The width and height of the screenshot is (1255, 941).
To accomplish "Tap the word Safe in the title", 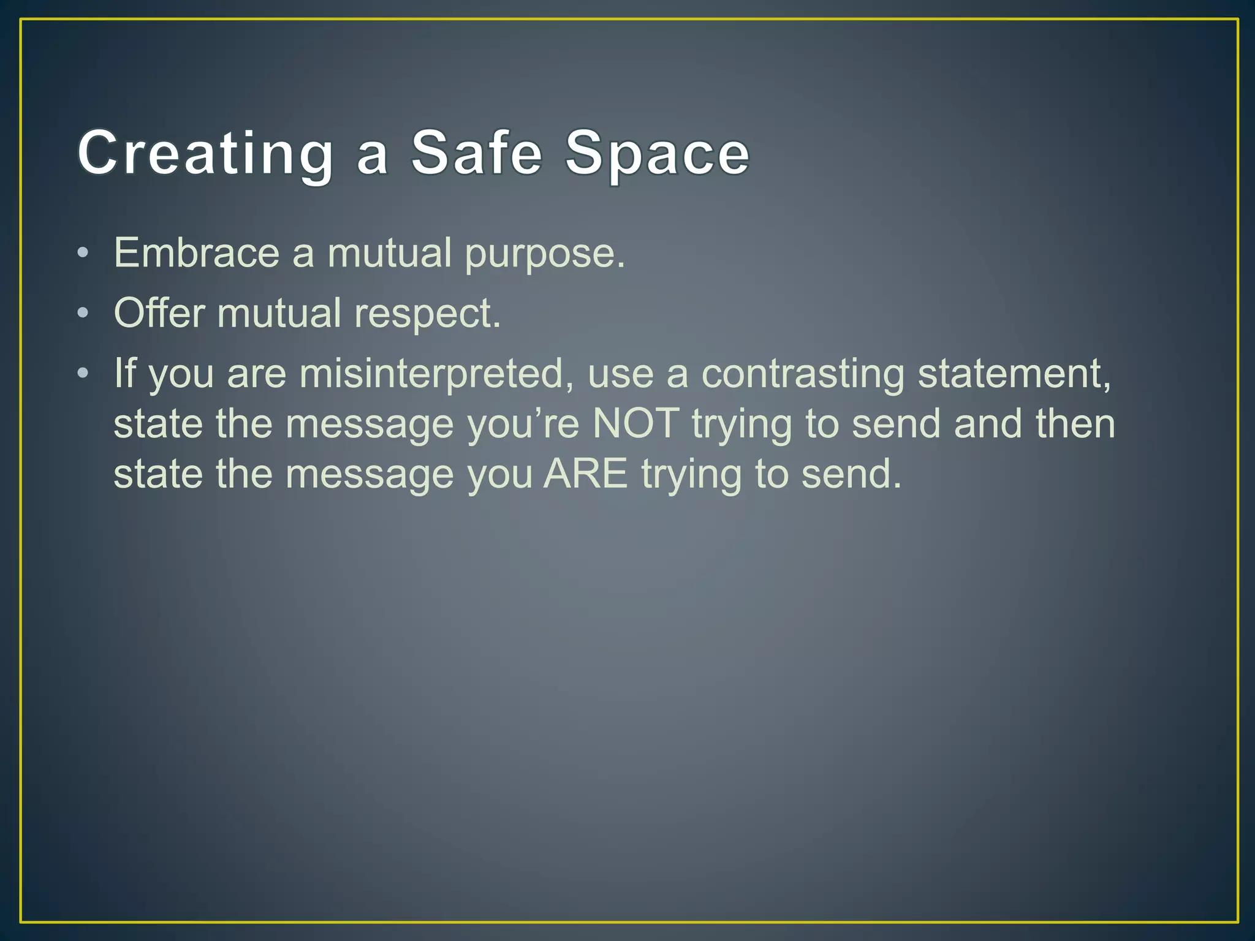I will [476, 153].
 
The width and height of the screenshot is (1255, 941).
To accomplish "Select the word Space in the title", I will [657, 153].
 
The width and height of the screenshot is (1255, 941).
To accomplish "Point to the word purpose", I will [545, 254].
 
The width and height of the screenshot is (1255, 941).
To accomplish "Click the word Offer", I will [159, 313].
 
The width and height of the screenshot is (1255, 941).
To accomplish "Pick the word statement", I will [1014, 373].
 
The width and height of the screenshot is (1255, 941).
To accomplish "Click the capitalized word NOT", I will [636, 423].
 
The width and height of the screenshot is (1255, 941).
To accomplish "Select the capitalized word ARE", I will [586, 474].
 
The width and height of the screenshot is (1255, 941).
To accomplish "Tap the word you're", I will [523, 423].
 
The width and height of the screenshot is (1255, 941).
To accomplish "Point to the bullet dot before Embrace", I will [83, 252].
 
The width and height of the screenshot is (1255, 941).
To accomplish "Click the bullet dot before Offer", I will [83, 313].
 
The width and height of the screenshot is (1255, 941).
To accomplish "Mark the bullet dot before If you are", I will [83, 373].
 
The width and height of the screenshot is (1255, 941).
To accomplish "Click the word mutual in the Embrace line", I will [390, 252].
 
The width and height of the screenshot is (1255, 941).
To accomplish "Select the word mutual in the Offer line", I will [279, 313].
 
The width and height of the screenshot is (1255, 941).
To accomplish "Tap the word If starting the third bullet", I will [124, 373].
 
